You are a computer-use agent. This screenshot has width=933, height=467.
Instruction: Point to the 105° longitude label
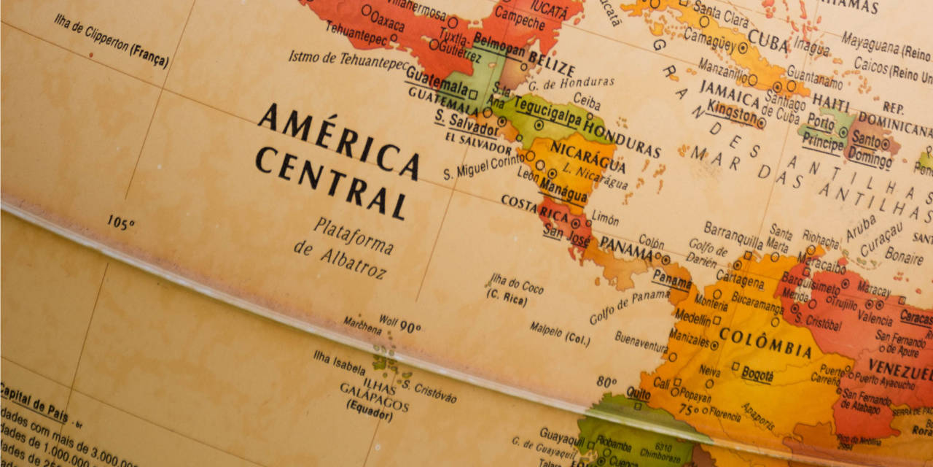click(120, 222)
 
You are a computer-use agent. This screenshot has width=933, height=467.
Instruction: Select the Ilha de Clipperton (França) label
click(111, 41)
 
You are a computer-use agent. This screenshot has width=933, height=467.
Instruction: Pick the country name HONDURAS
click(622, 139)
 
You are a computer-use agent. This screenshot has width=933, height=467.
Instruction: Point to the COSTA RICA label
click(534, 207)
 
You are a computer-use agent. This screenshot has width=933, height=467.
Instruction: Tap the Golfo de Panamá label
click(629, 306)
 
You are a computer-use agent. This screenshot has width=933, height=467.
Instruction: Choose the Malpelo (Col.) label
click(559, 333)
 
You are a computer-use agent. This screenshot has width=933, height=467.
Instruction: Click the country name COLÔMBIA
click(765, 341)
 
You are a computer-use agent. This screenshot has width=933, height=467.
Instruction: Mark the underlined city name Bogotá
click(758, 375)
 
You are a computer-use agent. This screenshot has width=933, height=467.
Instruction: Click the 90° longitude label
click(410, 328)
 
